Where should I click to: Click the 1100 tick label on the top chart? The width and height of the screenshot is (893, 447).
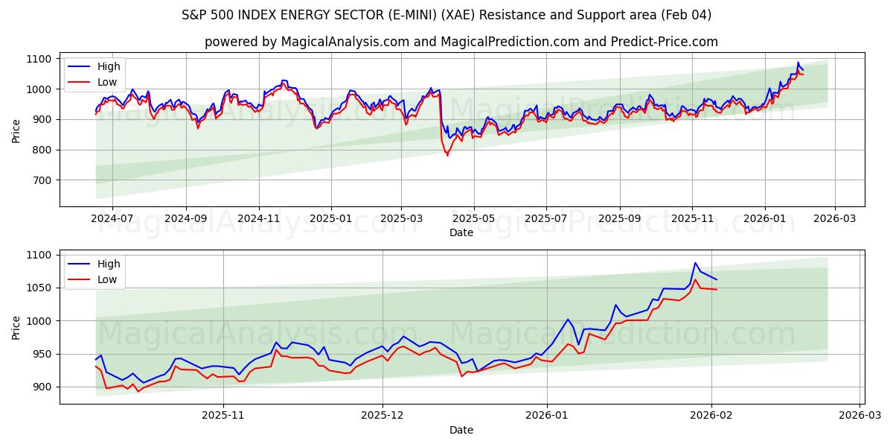tap(39, 59)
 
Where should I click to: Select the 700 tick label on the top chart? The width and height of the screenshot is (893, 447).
tap(42, 180)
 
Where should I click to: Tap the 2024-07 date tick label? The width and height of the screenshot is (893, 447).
tap(112, 218)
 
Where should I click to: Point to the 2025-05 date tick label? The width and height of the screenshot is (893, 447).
tap(474, 218)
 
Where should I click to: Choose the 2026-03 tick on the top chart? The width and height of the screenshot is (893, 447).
tap(834, 218)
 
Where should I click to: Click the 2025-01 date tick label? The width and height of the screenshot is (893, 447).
tap(330, 218)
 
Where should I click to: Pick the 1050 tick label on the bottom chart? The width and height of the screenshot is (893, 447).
tap(39, 288)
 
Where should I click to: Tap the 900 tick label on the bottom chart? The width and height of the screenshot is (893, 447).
tap(42, 387)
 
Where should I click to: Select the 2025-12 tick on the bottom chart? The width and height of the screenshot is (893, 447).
tap(383, 416)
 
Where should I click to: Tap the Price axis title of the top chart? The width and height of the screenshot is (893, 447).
tap(16, 130)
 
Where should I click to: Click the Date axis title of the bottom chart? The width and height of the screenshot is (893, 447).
tap(461, 430)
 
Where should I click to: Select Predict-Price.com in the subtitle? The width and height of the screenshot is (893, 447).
tap(664, 42)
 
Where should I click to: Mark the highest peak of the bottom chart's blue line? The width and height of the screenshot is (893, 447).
tap(695, 262)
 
